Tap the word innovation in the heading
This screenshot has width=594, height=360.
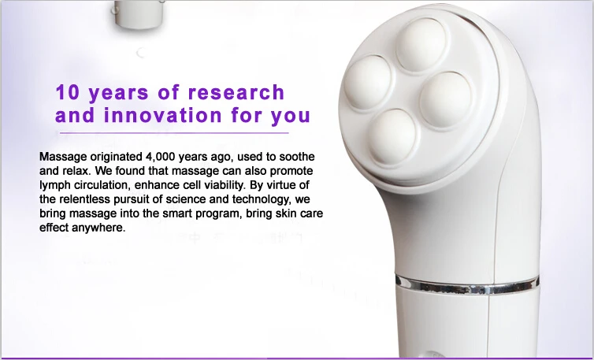160,116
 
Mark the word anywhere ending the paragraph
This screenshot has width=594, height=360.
98,228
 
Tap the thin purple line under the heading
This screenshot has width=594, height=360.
181,132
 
